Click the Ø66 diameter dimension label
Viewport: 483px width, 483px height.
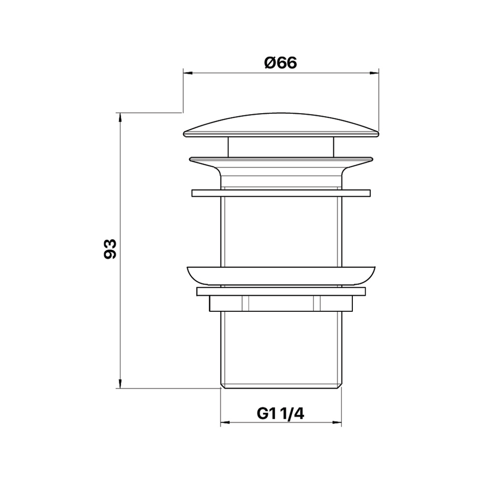click(x=281, y=63)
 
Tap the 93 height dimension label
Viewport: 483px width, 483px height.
click(x=110, y=249)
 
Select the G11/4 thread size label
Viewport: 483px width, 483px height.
click(x=280, y=413)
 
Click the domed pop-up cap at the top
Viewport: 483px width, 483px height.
click(x=281, y=125)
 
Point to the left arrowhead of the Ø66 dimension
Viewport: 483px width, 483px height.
click(x=188, y=73)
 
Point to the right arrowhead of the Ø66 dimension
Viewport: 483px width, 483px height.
click(x=374, y=73)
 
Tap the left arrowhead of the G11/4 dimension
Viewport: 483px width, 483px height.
click(x=225, y=422)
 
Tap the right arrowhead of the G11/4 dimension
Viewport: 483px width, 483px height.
click(x=337, y=422)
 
